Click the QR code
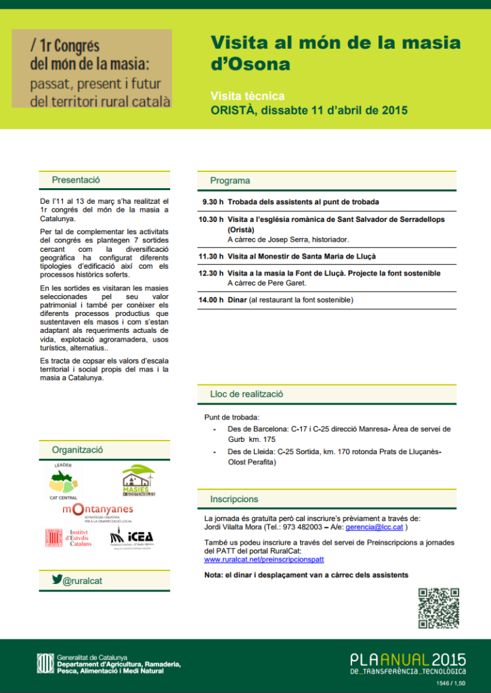(x=438, y=608)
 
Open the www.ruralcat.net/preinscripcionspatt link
(x=264, y=560)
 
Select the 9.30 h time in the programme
(x=213, y=202)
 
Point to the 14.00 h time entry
(x=211, y=300)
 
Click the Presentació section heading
(x=76, y=180)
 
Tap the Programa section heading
(x=230, y=181)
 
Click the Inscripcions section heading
(x=234, y=499)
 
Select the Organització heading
(x=77, y=450)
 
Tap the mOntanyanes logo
(x=98, y=512)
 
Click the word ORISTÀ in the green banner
(x=233, y=110)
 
